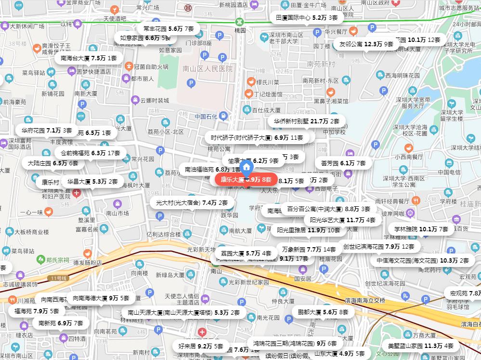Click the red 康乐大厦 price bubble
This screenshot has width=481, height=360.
pyautogui.click(x=246, y=180)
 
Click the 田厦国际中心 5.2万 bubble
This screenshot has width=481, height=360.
pyautogui.click(x=306, y=18)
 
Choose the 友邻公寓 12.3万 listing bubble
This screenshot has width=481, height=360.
pyautogui.click(x=366, y=44)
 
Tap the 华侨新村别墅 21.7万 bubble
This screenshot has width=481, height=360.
pyautogui.click(x=306, y=121)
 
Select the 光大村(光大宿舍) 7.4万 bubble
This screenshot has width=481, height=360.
pyautogui.click(x=188, y=202)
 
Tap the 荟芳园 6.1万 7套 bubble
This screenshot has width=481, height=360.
pyautogui.click(x=343, y=163)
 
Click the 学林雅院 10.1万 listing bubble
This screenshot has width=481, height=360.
pyautogui.click(x=421, y=229)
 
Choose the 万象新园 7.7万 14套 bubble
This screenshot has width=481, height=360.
pyautogui.click(x=309, y=250)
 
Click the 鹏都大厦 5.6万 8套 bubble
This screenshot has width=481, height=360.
pyautogui.click(x=323, y=312)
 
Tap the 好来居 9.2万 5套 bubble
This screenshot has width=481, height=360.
pyautogui.click(x=200, y=346)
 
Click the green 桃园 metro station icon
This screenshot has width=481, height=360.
pyautogui.click(x=239, y=22)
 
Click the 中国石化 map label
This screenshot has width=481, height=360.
pyautogui.click(x=207, y=116)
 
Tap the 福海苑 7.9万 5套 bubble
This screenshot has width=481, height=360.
pyautogui.click(x=37, y=311)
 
